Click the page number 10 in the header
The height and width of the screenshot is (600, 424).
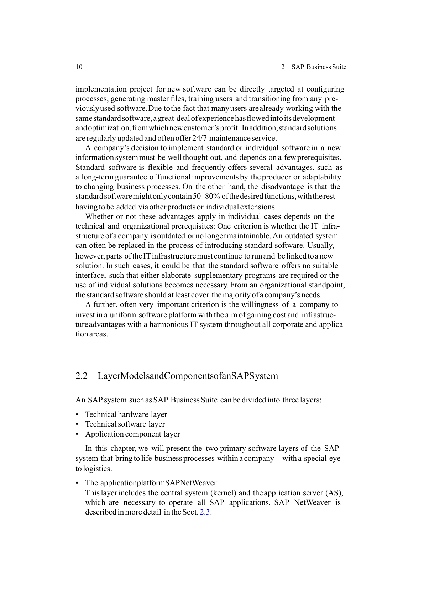click(79, 67)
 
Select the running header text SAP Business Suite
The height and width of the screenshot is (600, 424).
click(319, 67)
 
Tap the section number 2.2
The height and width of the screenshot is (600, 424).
click(82, 376)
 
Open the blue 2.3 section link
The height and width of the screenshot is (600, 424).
click(205, 512)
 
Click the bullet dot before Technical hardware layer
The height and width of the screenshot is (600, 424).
click(77, 415)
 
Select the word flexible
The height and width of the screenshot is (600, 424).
click(160, 167)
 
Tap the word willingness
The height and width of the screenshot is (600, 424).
click(260, 304)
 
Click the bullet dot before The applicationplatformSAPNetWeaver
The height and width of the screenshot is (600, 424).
click(77, 483)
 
